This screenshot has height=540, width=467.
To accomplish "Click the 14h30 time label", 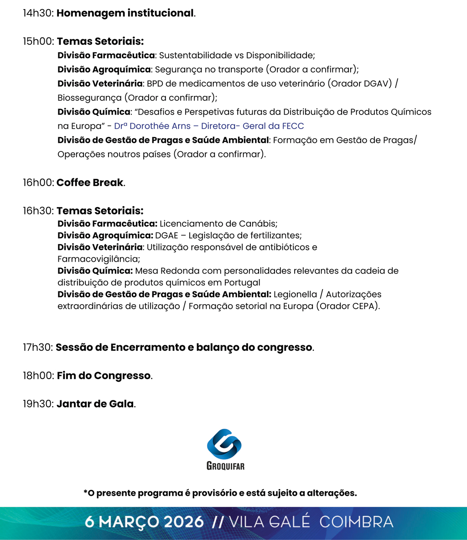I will [38, 13].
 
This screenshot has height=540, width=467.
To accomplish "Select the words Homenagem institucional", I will [125, 13].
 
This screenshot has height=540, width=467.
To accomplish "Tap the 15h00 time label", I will [38, 42].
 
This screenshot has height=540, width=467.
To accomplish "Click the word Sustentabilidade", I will [195, 56].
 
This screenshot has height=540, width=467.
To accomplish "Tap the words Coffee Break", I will [90, 182].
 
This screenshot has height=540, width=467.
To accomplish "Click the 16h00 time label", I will [38, 182].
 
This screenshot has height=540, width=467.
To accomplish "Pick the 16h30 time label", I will [38, 211].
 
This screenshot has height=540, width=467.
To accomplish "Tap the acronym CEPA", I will [365, 306].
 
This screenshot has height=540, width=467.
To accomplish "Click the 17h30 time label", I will [38, 348].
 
